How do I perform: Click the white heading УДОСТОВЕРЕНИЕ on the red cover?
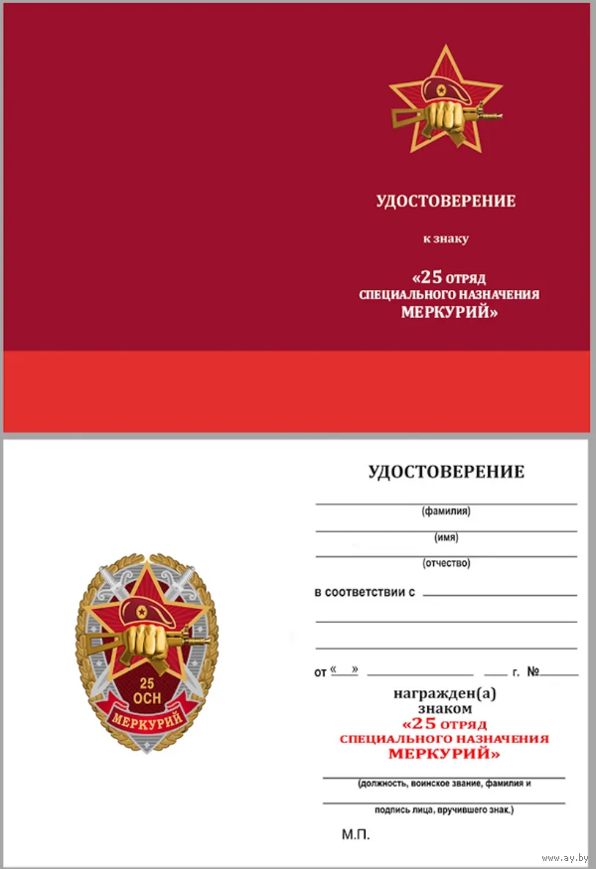click(446, 202)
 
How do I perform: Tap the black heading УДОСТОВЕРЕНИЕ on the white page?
click(446, 472)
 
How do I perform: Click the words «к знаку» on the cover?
click(446, 238)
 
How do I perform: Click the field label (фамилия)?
click(446, 512)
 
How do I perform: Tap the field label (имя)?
click(446, 538)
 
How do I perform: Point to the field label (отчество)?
click(446, 564)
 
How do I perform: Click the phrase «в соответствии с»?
click(364, 593)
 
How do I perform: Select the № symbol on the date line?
click(533, 672)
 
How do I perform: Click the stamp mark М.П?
click(356, 836)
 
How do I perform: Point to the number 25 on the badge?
click(147, 685)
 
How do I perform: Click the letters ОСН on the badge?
click(147, 701)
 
